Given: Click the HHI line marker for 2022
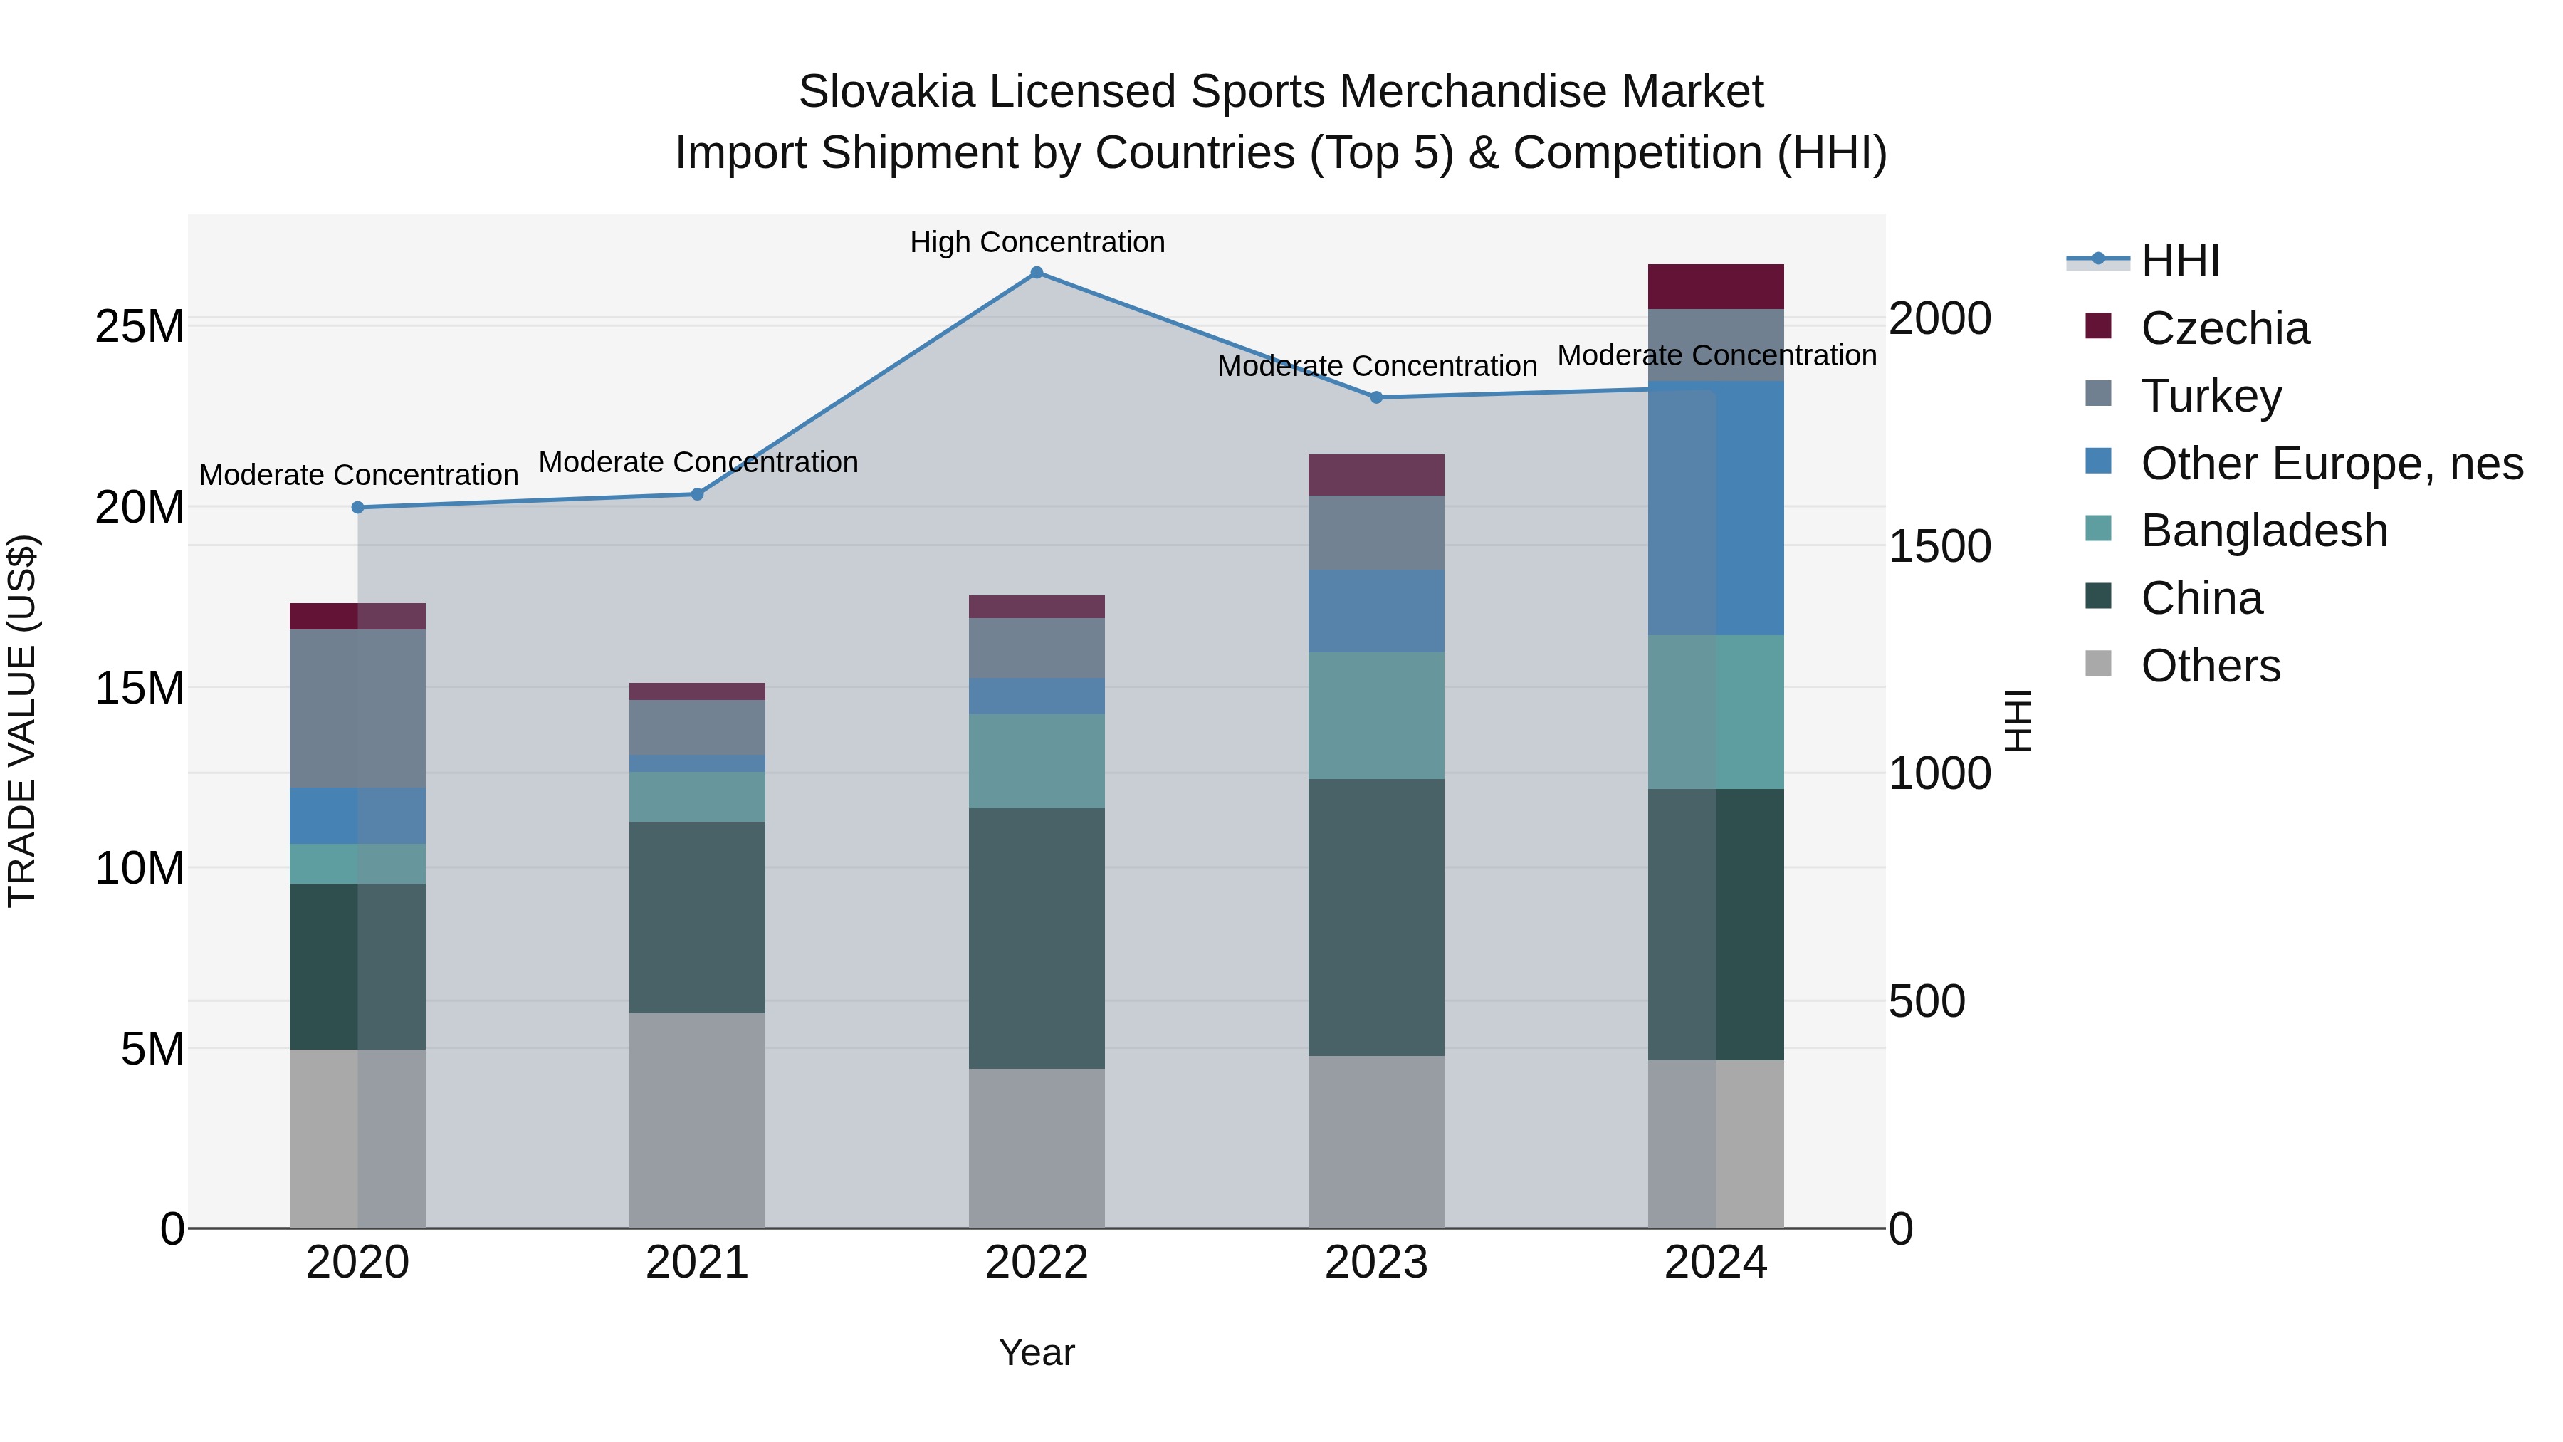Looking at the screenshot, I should [1037, 273].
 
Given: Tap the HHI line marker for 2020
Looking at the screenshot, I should [358, 508].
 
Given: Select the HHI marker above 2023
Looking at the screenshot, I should [1376, 397].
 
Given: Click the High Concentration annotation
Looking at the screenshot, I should [1037, 243].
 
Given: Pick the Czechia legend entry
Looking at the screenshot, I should [2225, 328].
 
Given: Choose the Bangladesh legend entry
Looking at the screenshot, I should [2263, 531].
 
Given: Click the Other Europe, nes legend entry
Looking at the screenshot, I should [2331, 464].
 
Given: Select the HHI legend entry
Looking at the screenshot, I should [2179, 261].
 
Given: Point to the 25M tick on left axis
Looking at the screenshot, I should [140, 326].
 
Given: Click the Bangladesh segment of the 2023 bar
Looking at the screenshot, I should [1376, 716].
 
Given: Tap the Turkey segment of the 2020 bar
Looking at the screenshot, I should [358, 708].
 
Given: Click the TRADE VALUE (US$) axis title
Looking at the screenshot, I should [22, 721].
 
